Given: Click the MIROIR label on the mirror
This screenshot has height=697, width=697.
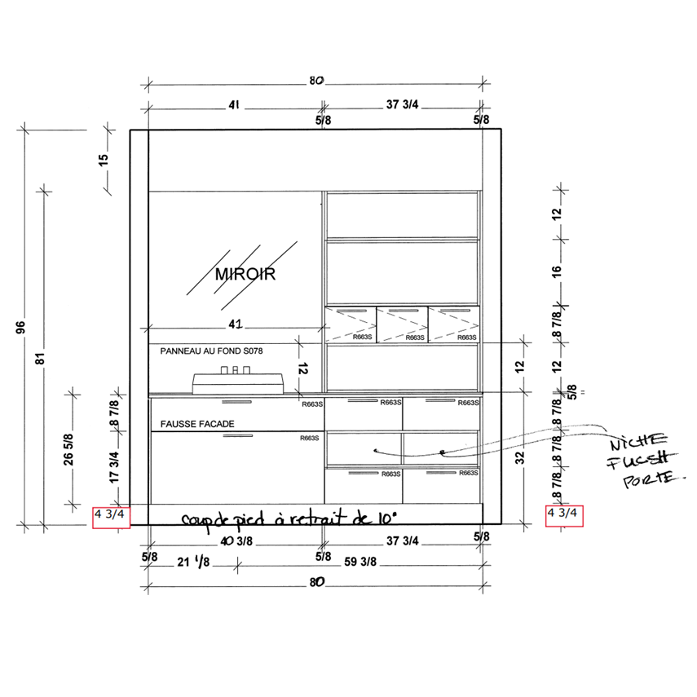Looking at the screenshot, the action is tap(245, 274).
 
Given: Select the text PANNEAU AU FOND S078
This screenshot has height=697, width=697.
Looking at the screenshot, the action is tap(211, 351).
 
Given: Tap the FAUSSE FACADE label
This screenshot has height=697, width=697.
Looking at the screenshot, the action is tap(197, 424).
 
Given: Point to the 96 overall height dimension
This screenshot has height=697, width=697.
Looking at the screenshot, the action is tap(21, 327).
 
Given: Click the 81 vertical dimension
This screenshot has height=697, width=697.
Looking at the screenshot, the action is tap(41, 358).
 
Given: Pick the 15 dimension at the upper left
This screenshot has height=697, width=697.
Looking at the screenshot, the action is tap(104, 160).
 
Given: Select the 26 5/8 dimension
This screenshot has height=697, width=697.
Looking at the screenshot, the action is tap(68, 449).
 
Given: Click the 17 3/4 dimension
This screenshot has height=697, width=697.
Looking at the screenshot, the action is tap(114, 467).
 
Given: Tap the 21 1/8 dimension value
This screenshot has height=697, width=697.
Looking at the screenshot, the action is tap(193, 562).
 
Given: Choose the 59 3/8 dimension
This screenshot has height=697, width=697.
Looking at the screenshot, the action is tap(360, 562).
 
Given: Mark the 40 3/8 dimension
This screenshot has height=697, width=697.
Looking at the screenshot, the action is tap(236, 541).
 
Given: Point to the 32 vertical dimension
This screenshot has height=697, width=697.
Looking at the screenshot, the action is tap(520, 458).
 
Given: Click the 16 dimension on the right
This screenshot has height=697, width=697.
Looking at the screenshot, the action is tap(557, 271).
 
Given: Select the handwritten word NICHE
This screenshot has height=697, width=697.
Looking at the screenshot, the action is tap(639, 442).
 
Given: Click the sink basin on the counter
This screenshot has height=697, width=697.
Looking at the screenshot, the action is tap(238, 384).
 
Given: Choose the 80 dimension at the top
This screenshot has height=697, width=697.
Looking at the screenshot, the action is tap(316, 81).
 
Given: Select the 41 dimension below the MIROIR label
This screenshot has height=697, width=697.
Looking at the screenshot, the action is tap(236, 324).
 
